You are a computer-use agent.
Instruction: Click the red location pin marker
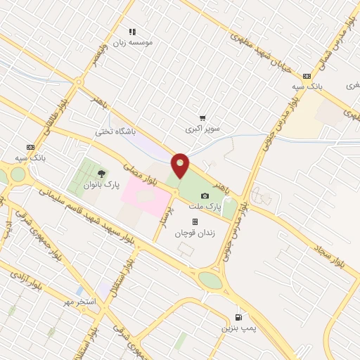pos(181,165)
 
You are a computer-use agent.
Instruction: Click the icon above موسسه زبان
pos(132,31)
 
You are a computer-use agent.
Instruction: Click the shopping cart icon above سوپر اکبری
pos(202,118)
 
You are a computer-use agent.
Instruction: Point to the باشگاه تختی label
pos(115,131)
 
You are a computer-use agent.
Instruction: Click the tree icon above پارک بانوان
pos(101,173)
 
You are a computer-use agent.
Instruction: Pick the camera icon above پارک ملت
pos(205,195)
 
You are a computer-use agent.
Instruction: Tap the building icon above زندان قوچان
pos(195,221)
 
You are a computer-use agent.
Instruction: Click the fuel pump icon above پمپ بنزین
pos(239,316)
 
